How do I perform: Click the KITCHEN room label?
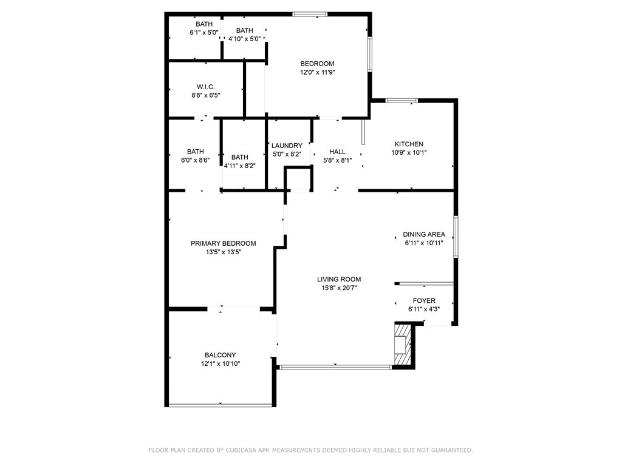click(x=409, y=144)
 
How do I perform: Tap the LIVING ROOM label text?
click(x=339, y=279)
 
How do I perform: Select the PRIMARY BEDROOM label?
click(x=224, y=243)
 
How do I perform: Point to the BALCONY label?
click(x=220, y=355)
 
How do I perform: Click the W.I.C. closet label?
click(x=205, y=87)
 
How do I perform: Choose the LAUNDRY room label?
click(x=287, y=146)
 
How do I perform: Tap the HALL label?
click(x=337, y=152)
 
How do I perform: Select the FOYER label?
click(x=423, y=301)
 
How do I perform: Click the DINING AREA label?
click(x=423, y=235)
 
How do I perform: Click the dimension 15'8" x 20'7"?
click(x=339, y=288)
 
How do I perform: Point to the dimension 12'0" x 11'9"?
click(x=317, y=73)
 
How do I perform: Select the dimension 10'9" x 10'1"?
click(x=409, y=153)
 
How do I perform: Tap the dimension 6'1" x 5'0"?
click(x=204, y=33)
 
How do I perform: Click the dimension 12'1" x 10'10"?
click(x=220, y=364)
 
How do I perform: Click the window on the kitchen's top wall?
click(x=402, y=101)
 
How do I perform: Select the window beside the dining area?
click(x=456, y=237)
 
